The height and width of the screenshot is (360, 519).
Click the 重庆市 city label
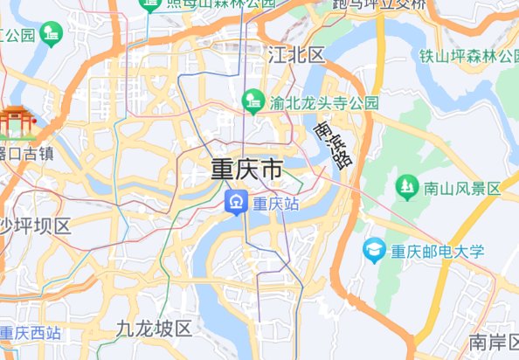(247, 169)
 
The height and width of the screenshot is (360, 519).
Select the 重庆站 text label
(276, 204)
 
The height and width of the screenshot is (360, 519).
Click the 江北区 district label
(297, 55)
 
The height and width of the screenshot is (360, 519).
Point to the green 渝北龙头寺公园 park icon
(253, 102)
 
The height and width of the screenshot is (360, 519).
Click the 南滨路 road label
(332, 144)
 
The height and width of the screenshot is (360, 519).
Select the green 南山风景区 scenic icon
(405, 186)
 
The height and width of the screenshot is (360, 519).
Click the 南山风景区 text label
(462, 188)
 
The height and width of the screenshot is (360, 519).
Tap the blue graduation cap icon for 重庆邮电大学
(375, 251)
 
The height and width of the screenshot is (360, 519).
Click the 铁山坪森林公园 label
(468, 56)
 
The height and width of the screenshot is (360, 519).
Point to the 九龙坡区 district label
(154, 329)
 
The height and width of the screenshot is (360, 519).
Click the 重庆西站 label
(30, 333)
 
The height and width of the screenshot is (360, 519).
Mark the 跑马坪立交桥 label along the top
(380, 4)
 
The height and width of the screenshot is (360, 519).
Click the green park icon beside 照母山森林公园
(150, 4)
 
